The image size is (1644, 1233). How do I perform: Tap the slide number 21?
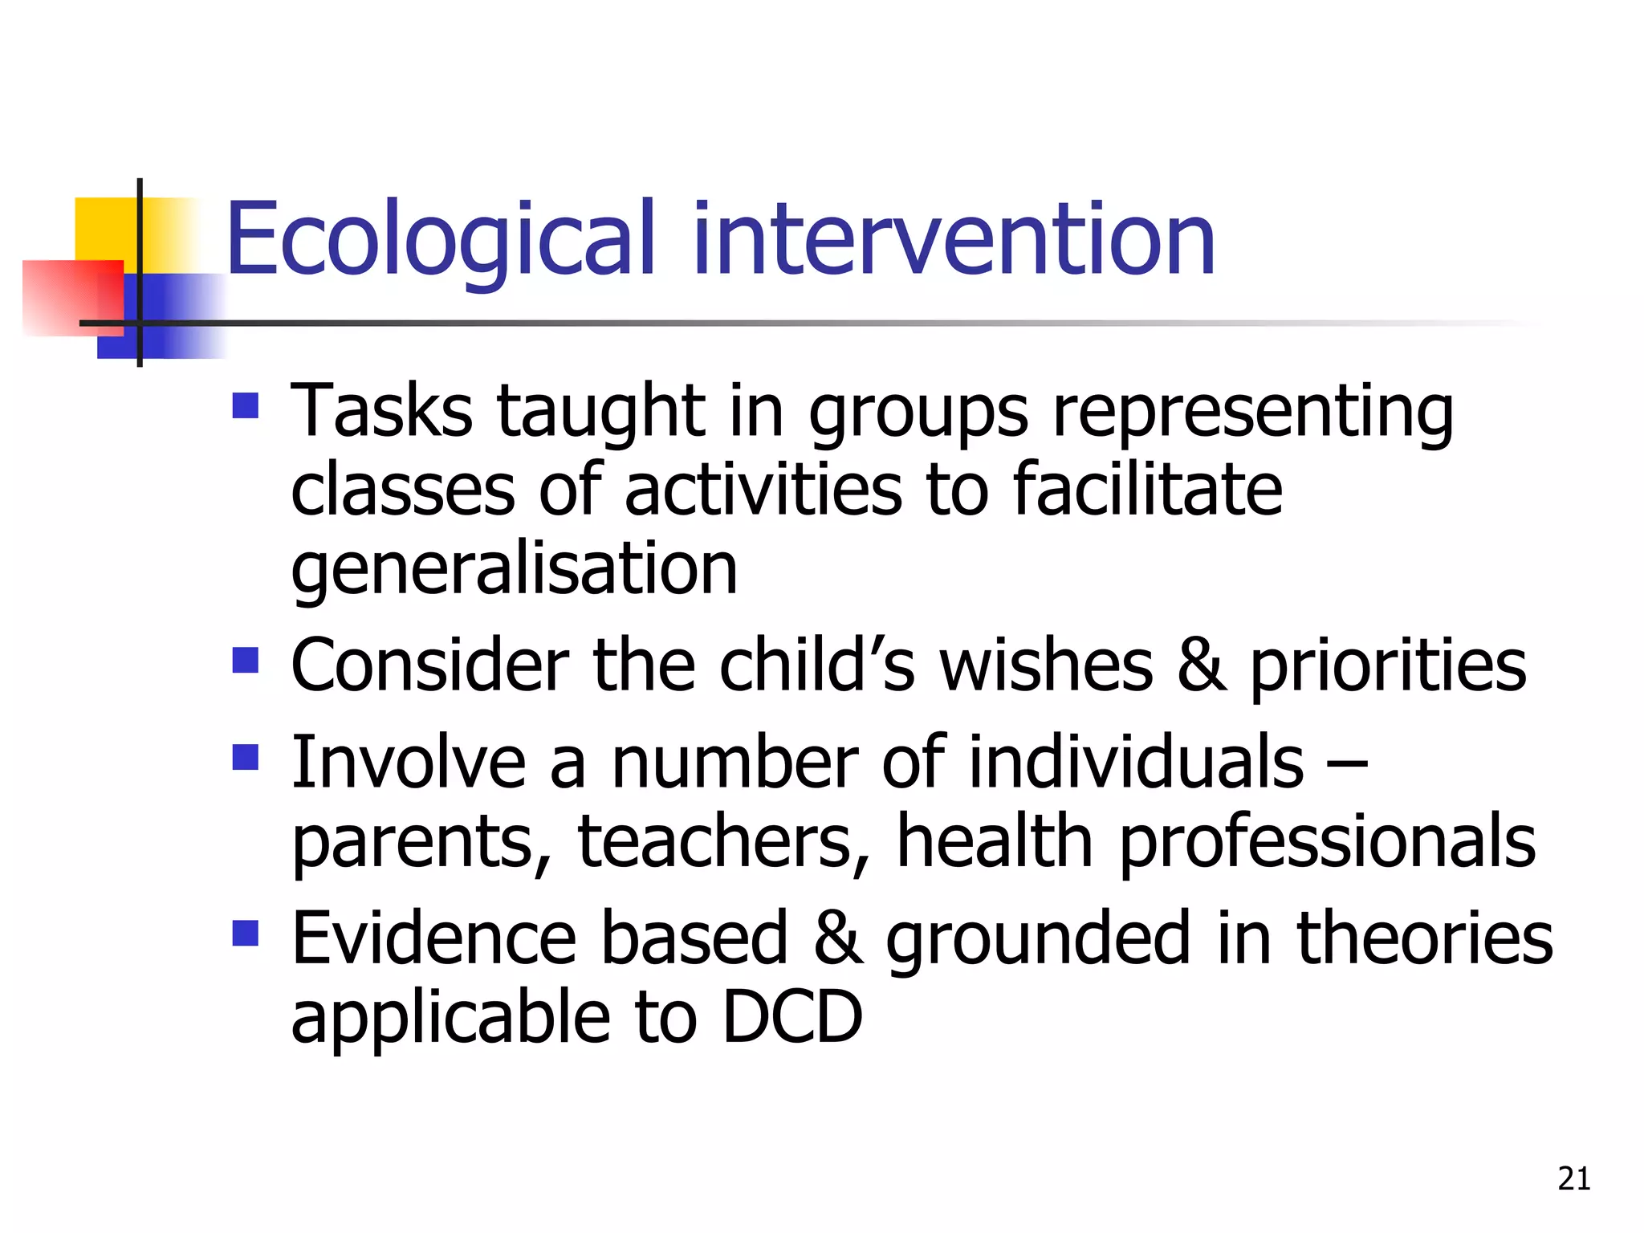[x=1573, y=1178]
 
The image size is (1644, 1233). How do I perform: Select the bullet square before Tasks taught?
[x=246, y=405]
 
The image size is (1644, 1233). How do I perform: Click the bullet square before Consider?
[x=246, y=661]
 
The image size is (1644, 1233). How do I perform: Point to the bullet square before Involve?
[x=246, y=757]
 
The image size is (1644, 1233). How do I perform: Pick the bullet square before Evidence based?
[x=246, y=933]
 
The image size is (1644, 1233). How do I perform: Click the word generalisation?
[x=514, y=570]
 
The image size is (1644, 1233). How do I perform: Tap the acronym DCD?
[x=791, y=1018]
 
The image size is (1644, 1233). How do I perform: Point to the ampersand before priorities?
[x=1202, y=665]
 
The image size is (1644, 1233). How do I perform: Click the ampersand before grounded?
[x=838, y=938]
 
